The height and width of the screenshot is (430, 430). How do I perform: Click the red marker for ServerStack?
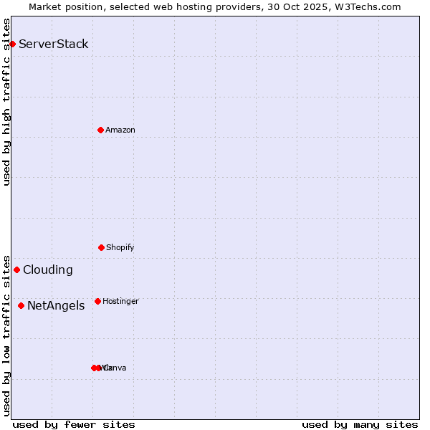tap(12, 44)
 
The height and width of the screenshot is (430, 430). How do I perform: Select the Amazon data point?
tap(100, 130)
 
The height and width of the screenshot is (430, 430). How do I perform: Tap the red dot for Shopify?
tap(101, 247)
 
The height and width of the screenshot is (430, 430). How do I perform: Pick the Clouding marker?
tap(16, 270)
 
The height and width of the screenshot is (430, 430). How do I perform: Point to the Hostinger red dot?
tap(97, 301)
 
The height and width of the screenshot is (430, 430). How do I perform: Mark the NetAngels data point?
tap(21, 306)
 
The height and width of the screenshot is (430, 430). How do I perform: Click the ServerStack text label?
tap(54, 44)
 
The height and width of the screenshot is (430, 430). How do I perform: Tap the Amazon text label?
tap(120, 130)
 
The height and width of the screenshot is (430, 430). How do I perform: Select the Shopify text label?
tap(120, 247)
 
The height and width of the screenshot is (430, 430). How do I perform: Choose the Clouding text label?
tap(48, 270)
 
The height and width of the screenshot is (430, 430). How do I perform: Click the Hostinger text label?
tap(120, 301)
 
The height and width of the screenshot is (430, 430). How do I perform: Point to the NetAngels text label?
tap(56, 306)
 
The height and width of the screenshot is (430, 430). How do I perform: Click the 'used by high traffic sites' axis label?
tap(6, 102)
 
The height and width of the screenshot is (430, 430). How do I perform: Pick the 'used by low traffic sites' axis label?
tap(6, 335)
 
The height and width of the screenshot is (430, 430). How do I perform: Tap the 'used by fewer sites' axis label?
tap(74, 424)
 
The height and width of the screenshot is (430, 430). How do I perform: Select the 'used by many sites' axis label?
tap(360, 424)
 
